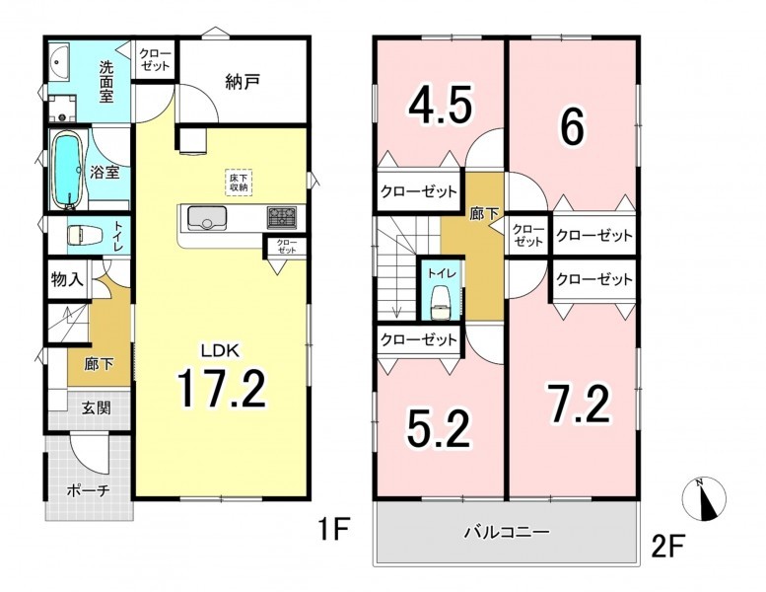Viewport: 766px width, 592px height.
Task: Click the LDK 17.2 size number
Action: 221,389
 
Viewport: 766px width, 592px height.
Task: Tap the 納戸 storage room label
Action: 243,82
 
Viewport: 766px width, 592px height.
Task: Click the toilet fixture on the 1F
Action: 84,235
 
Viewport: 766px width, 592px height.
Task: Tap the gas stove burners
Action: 281,217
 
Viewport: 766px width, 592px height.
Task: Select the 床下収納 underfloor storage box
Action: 239,182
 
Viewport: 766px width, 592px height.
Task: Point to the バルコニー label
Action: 507,532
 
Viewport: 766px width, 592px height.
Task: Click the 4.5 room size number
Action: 441,105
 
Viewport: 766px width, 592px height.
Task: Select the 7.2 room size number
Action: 578,404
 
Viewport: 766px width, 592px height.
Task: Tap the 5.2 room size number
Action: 438,428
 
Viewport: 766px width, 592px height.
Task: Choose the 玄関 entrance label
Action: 96,407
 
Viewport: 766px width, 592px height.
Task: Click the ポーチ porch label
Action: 88,490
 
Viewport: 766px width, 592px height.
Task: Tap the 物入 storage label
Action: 67,279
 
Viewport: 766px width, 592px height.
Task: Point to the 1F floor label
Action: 333,530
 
